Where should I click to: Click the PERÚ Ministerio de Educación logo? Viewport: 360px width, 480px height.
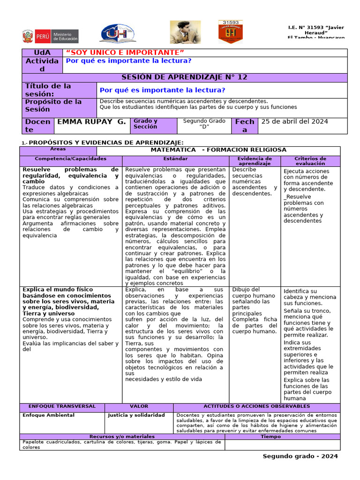click(50, 36)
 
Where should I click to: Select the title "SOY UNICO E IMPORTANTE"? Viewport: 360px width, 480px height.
click(125, 52)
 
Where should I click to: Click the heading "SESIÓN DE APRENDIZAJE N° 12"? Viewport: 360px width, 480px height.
click(184, 77)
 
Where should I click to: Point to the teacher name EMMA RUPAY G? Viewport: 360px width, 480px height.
click(91, 122)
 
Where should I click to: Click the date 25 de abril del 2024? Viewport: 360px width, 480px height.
click(294, 122)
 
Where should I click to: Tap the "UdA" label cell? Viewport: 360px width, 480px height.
click(42, 52)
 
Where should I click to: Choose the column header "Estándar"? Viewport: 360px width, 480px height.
click(175, 159)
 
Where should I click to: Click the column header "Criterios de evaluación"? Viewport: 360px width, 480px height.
click(310, 161)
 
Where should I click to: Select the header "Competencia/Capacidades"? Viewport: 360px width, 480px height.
click(70, 159)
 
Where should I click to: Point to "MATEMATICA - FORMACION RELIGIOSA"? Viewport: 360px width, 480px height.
click(218, 150)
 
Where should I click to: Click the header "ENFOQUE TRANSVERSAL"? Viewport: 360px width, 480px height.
click(62, 406)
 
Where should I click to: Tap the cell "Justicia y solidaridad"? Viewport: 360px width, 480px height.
click(136, 415)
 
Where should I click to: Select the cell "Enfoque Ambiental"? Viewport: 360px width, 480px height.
click(48, 415)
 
